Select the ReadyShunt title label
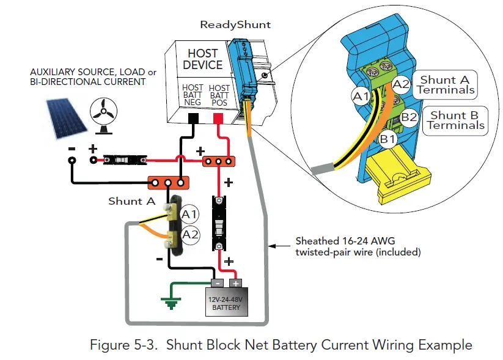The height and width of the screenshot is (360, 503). coord(235,25)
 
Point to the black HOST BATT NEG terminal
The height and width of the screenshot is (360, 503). coord(194,117)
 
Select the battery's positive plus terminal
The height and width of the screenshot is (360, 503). coord(236,282)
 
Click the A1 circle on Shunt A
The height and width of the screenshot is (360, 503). coord(189,214)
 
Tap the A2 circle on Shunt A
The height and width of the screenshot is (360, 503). coord(189,233)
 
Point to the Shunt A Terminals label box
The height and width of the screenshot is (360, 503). coord(447,85)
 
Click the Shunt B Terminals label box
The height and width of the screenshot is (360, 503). coord(455,120)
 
